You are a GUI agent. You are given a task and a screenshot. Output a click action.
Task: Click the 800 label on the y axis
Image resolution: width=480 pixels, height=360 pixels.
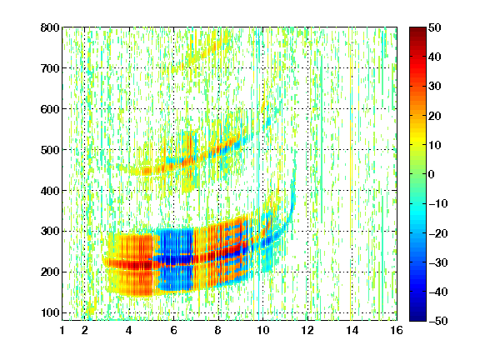pos(50,27)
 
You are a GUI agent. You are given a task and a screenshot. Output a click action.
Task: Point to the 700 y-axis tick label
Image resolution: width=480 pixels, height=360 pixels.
pos(50,68)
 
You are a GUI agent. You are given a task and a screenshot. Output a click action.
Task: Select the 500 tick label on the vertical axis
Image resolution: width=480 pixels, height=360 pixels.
pos(50,150)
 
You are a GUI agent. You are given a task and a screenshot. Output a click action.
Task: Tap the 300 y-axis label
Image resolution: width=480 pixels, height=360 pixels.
pos(50,231)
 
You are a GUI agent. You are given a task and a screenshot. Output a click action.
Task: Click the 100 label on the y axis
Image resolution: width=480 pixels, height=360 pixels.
pos(50,312)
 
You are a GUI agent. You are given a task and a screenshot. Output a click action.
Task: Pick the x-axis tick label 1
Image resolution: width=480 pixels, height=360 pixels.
pos(62,330)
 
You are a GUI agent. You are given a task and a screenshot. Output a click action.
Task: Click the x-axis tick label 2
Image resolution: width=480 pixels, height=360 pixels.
pos(84,330)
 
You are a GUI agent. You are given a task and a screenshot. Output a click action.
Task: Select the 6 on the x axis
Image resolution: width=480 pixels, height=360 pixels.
pos(173,330)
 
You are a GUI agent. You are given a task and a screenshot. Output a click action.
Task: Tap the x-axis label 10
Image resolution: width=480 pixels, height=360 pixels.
pos(262,330)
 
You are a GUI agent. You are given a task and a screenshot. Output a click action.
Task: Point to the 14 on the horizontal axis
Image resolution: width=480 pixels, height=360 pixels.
pos(352,330)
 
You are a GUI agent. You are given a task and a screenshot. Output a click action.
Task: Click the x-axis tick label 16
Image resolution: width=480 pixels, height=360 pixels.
pos(397,330)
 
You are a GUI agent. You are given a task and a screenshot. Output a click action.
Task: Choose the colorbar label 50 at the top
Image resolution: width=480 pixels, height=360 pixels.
pos(434,27)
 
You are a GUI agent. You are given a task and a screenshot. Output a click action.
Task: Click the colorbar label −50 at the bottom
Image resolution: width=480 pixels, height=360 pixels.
pos(438,321)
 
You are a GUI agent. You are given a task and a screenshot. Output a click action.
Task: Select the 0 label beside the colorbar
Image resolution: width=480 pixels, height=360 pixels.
pos(431,174)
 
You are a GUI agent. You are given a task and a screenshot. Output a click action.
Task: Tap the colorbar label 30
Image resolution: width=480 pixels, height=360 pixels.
pos(434,86)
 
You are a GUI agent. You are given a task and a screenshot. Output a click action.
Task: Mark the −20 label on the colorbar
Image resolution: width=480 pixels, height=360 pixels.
pos(438,233)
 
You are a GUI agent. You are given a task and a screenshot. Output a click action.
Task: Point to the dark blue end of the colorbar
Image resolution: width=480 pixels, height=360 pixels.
pos(417,318)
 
